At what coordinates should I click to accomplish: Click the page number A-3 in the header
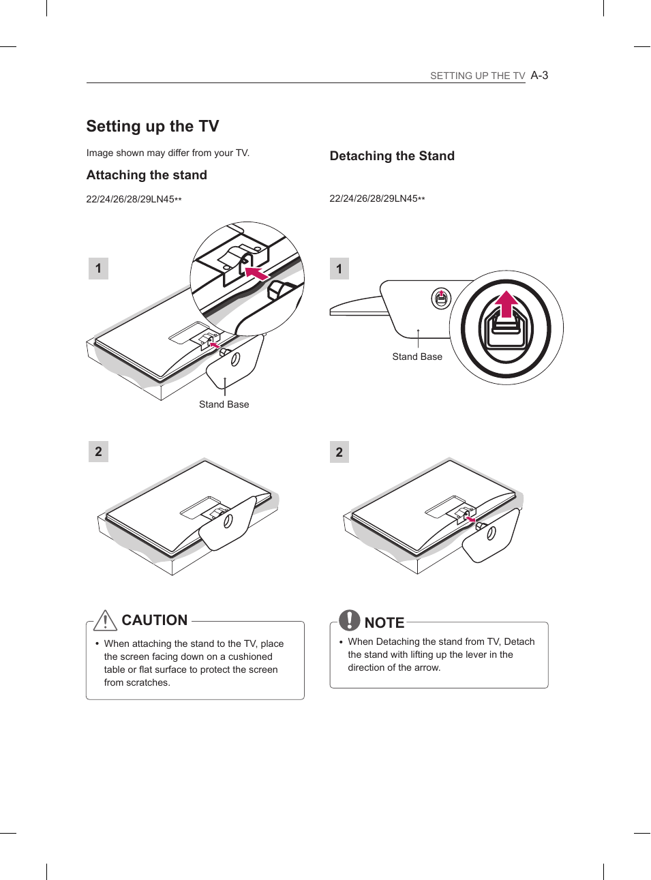coord(539,75)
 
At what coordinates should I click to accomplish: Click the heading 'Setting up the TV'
coord(153,126)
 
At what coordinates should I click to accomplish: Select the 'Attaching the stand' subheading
coord(147,175)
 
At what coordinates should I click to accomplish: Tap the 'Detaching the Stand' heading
coord(392,156)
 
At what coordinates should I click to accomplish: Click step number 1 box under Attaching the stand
coord(98,269)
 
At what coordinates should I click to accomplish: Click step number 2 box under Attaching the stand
coord(98,451)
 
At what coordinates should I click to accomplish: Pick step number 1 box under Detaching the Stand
coord(339,269)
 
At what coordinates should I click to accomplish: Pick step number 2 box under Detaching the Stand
coord(339,452)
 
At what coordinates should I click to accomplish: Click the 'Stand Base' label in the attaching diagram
coord(224,404)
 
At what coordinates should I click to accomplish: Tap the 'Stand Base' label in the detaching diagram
coord(417,356)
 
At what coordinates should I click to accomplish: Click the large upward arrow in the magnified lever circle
coord(506,304)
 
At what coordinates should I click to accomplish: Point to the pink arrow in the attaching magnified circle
coord(256,274)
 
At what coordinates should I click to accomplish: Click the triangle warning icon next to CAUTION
coord(106,620)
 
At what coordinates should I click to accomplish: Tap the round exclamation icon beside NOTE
coord(350,620)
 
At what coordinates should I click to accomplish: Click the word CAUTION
coord(155,620)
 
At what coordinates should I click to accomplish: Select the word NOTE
coord(384,622)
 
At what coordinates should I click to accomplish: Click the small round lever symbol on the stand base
coord(441,298)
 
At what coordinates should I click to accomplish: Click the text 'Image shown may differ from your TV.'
coord(168,153)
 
